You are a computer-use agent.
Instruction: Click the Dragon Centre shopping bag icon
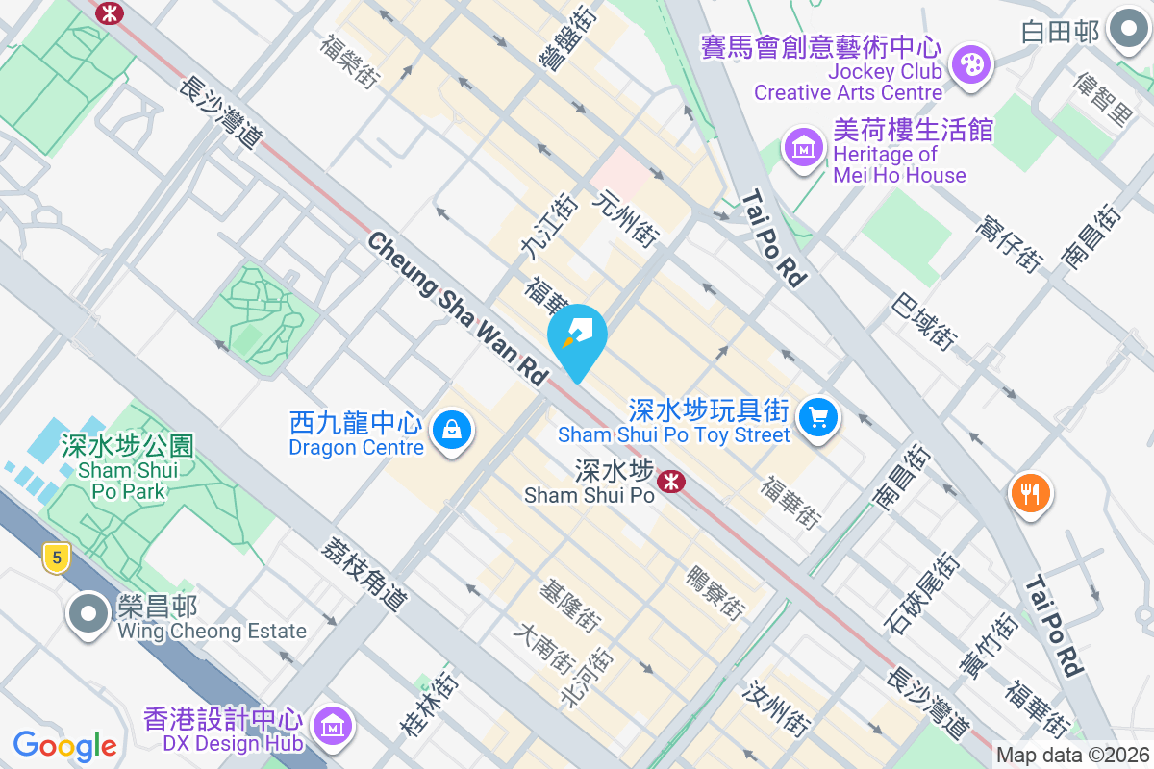451,429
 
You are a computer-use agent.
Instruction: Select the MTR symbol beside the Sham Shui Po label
671,478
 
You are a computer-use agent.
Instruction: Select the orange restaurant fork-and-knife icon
1030,494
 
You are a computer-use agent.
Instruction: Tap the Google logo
64,745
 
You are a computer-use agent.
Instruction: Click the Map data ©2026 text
1072,756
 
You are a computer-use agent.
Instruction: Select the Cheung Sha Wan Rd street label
457,309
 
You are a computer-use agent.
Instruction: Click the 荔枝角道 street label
364,573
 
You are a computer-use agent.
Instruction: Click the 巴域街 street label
924,322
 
